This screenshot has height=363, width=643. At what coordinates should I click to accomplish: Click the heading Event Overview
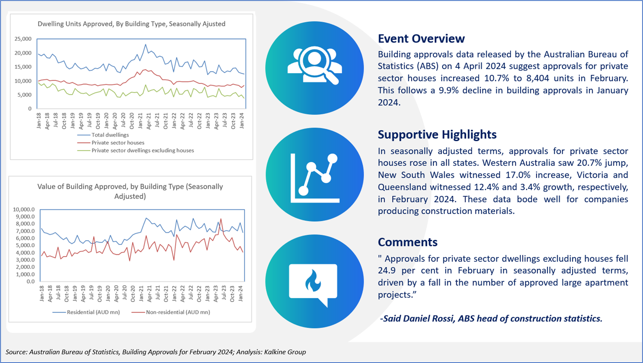coord(421,39)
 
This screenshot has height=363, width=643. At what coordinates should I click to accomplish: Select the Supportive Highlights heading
coord(437,135)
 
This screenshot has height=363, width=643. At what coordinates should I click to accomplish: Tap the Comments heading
coord(407,242)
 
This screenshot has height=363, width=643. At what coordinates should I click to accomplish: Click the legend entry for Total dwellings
coord(103,135)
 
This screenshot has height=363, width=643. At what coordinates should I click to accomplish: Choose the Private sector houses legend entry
coord(111,143)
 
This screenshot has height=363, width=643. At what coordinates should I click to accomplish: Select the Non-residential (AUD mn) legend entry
coord(171,312)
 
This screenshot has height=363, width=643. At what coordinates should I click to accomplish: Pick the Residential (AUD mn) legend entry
coord(86,312)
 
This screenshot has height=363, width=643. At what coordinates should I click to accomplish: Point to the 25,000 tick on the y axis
coord(23,39)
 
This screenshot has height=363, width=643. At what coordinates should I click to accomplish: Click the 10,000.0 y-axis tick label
coord(24,209)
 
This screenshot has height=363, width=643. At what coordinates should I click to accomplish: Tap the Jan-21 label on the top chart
coord(140,121)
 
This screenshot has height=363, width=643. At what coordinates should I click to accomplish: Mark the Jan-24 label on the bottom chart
coord(241,294)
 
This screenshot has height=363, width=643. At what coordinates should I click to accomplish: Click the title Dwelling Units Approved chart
coord(132,24)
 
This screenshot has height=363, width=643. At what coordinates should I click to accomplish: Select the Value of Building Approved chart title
coord(130,191)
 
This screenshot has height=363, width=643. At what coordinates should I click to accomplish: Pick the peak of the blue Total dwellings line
coord(146,44)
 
